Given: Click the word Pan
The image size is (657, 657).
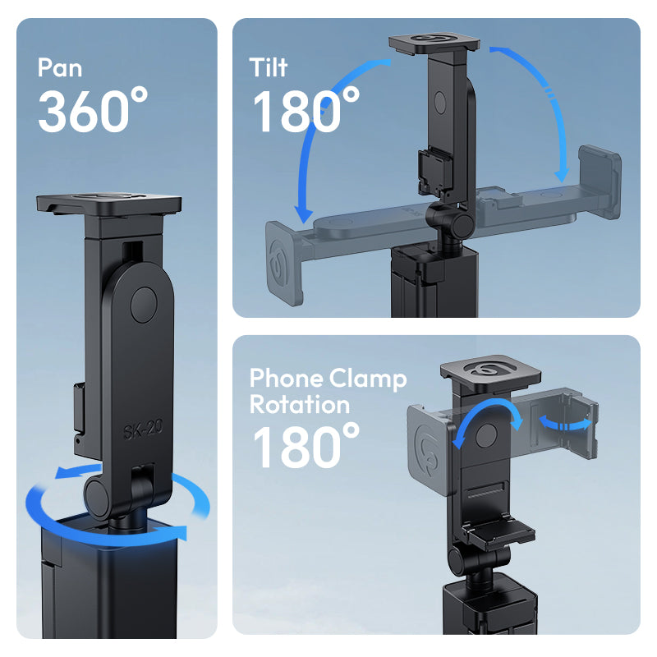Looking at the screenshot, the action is click(59, 67).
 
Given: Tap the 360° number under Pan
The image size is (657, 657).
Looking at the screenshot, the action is click(93, 110).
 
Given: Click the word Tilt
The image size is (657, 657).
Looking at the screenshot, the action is click(269, 67).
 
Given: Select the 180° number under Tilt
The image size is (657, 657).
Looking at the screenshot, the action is click(306, 110).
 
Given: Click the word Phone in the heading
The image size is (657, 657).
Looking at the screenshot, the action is click(287, 378).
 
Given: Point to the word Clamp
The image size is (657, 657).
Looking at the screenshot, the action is click(368, 379).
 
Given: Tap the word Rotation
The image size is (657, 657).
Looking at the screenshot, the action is click(300, 404).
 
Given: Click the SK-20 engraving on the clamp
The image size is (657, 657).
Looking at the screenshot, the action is click(143, 429).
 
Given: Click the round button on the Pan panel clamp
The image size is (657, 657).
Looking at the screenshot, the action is click(144, 305).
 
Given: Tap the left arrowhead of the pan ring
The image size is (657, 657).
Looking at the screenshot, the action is click(64, 472).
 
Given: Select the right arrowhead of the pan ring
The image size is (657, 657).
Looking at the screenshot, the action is click(180, 532).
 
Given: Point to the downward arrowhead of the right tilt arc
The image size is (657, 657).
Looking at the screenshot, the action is click(562, 175).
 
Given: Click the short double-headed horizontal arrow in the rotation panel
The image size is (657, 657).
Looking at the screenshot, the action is click(565, 423).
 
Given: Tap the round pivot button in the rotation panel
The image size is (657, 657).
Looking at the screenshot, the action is click(486, 435).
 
